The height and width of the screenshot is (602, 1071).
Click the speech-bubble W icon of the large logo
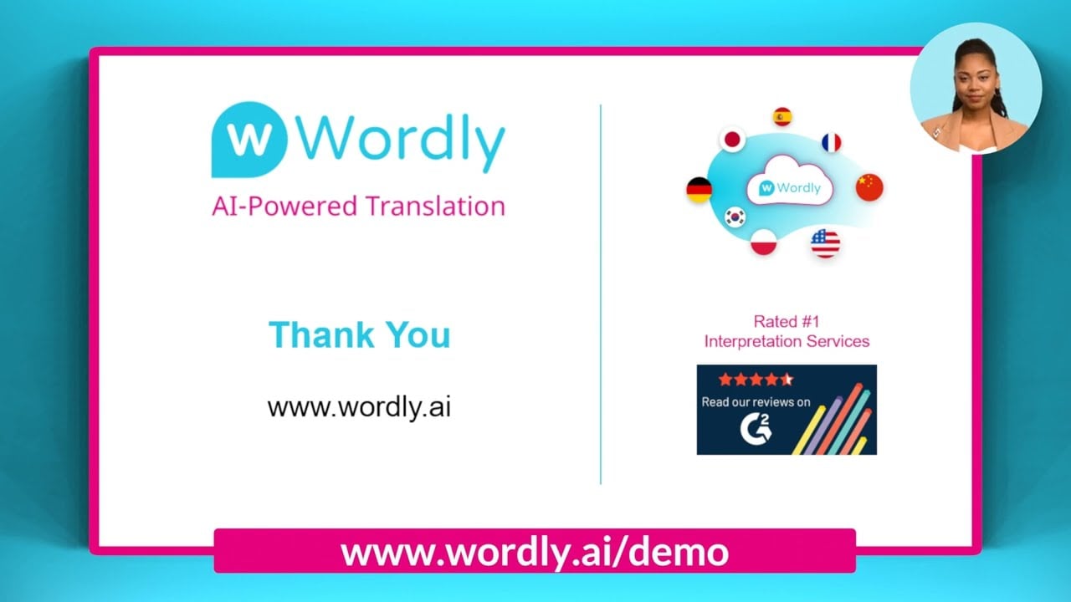coord(249,139)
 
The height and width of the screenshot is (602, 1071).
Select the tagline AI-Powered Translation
coord(358,206)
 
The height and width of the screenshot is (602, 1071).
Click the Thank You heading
coord(359,334)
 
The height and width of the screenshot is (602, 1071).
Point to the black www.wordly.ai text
coord(359,407)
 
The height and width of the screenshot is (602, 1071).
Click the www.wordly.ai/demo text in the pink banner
coord(534,552)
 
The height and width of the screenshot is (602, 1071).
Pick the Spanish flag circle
coord(782,116)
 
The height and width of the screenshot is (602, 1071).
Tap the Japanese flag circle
coord(733,139)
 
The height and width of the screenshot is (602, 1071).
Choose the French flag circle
coord(831,142)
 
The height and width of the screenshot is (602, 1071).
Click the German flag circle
coord(699,190)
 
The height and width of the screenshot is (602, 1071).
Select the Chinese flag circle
coord(869,186)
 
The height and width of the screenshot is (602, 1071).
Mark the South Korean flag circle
coord(735,217)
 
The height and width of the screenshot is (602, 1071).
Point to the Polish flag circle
coord(763,242)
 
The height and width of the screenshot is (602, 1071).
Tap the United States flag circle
coord(825,244)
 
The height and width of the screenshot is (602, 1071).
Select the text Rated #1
coord(787,321)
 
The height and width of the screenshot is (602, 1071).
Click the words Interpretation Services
coord(787,341)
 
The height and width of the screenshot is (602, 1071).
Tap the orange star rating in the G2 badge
coord(755,380)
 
